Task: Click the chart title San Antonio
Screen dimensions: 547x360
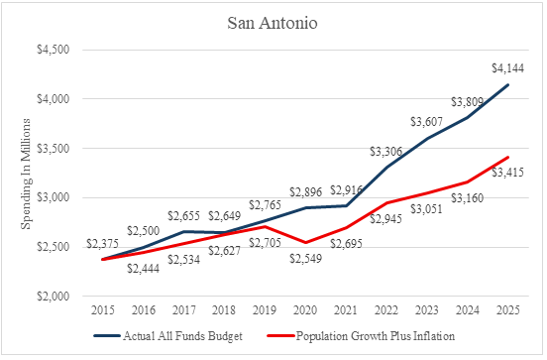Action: [x=273, y=23]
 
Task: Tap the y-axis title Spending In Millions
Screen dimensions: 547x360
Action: [x=26, y=174]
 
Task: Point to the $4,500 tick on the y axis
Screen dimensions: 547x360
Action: [x=54, y=50]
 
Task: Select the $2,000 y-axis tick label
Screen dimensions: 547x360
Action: [x=54, y=297]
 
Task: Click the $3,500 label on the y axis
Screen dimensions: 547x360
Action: [x=54, y=149]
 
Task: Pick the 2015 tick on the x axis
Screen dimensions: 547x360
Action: [x=103, y=310]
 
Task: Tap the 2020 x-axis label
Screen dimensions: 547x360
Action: [x=305, y=310]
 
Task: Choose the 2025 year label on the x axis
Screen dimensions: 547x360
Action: [x=508, y=310]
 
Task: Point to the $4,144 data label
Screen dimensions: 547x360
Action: [x=508, y=68]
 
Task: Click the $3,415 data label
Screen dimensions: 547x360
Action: [x=508, y=173]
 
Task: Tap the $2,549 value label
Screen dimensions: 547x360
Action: [x=305, y=259]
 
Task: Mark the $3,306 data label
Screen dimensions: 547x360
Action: [x=386, y=152]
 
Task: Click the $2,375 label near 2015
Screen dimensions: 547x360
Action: [x=103, y=243]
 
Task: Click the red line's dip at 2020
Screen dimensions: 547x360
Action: [x=305, y=242]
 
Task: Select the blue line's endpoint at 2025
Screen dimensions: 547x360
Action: [x=508, y=85]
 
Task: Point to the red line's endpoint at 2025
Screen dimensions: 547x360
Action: [x=508, y=157]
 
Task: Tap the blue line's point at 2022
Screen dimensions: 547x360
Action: [x=386, y=168]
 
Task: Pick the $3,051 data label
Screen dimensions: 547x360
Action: [x=426, y=209]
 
